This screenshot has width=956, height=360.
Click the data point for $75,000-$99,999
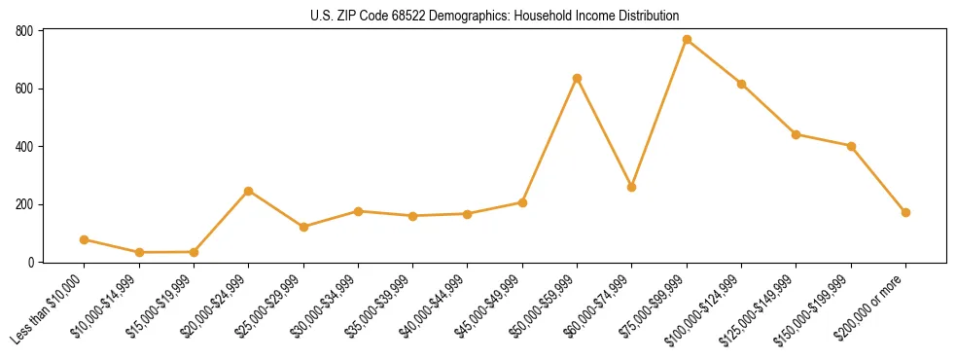coord(687,40)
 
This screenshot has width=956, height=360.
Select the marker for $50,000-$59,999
coord(577,78)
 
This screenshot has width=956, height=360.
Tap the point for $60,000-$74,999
coord(632,187)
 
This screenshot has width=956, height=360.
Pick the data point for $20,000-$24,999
coord(248,191)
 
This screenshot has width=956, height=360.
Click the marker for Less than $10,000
coord(84,239)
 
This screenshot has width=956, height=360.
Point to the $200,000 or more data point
coord(905,212)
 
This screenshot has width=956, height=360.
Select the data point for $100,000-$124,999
coord(741,84)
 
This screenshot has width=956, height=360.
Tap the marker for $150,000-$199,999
coord(851,146)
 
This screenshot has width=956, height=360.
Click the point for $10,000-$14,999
coord(139,252)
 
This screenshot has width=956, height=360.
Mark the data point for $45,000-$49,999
coord(522,202)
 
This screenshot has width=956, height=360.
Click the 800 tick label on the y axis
coord(24,31)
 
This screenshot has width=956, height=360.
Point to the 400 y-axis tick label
coord(24,147)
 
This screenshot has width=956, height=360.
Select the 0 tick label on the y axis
coord(31,263)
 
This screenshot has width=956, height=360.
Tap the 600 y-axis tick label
coord(24,89)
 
